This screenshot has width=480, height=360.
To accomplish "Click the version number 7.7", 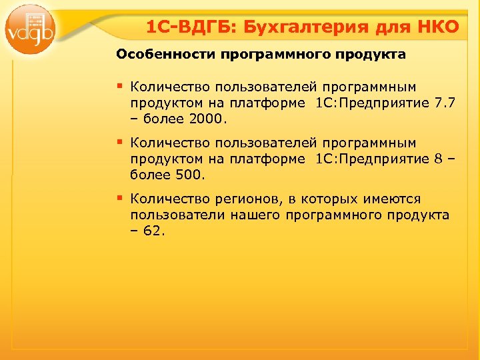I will (444, 103).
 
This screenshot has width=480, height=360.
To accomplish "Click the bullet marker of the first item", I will (121, 86).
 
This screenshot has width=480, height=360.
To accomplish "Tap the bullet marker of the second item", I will (121, 142).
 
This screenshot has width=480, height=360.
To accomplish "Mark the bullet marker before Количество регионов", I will (121, 198).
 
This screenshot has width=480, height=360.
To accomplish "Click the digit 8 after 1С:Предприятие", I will (437, 159).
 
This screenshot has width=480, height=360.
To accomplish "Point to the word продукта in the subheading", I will (373, 55).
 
